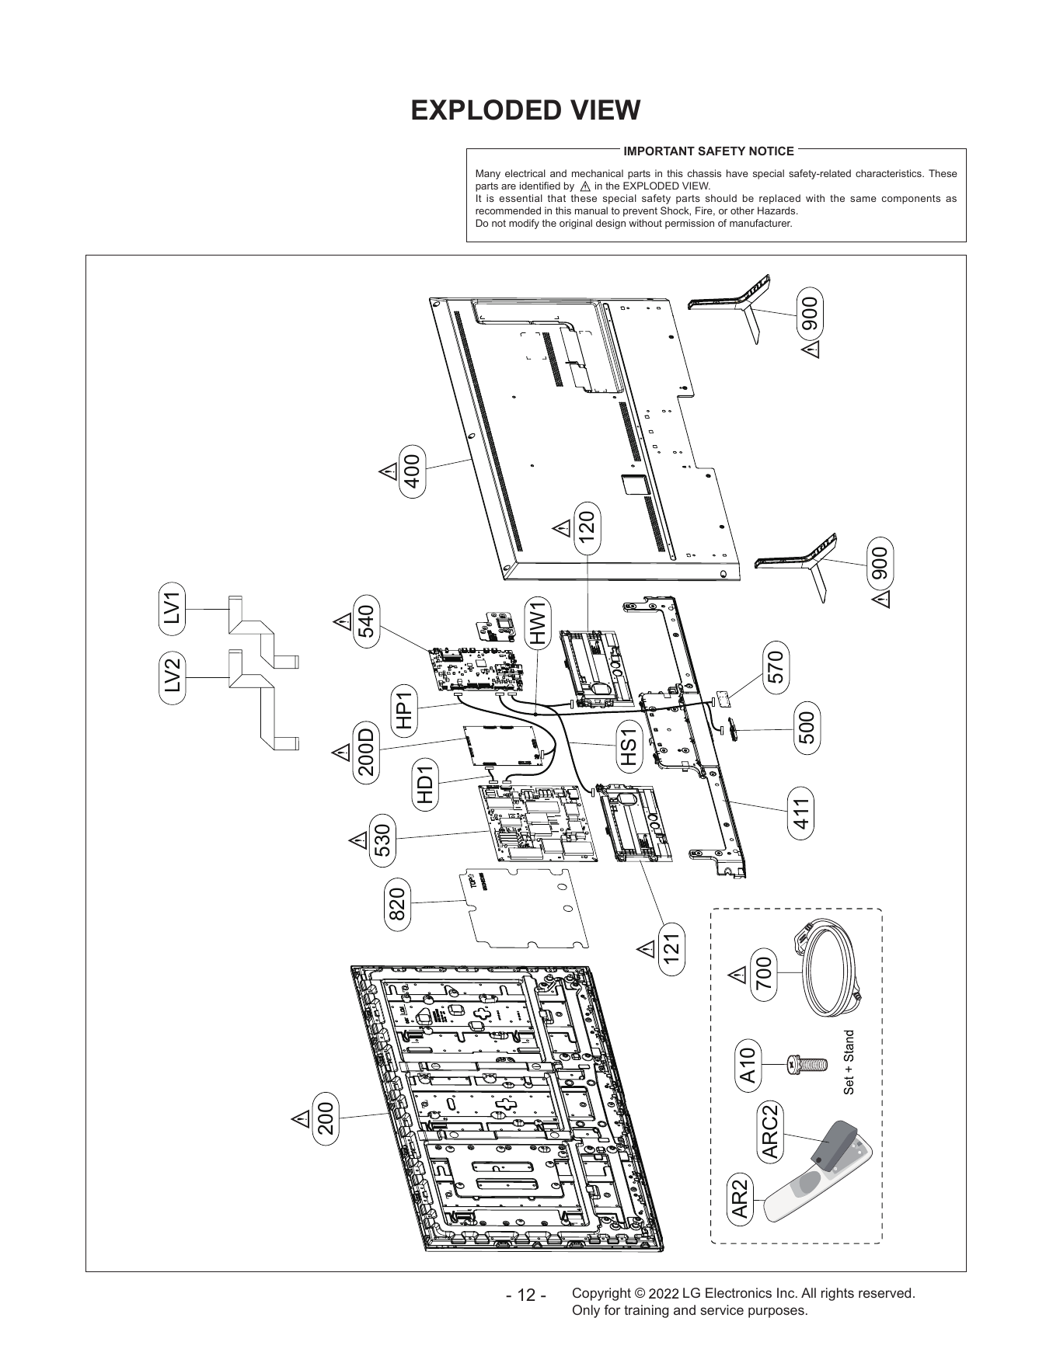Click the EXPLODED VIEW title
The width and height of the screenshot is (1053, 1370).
click(x=525, y=110)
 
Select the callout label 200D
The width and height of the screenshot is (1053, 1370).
click(x=365, y=753)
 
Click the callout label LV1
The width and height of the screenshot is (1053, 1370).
click(x=173, y=608)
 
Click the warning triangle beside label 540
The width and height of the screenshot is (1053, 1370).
click(x=341, y=622)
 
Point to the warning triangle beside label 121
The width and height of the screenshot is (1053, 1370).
click(x=646, y=949)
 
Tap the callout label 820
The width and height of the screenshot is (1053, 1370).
click(x=397, y=904)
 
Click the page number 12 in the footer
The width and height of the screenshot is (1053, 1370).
click(x=525, y=1296)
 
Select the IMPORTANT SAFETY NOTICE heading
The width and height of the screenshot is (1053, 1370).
click(x=709, y=151)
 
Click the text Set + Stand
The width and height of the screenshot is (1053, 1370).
click(x=849, y=1062)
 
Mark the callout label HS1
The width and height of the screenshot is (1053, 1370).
click(x=628, y=746)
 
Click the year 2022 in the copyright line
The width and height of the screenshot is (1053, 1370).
click(x=663, y=1295)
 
